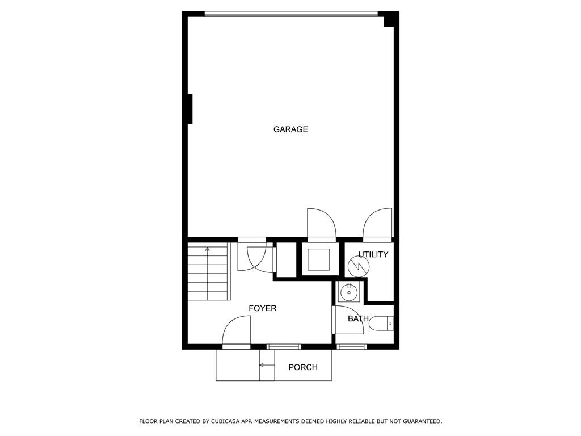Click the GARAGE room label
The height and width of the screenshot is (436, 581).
point(290,129)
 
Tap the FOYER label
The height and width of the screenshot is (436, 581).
point(262,308)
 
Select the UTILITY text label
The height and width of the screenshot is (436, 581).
point(373,254)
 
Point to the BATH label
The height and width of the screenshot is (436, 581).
point(358,318)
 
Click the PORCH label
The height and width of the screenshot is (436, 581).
point(303,367)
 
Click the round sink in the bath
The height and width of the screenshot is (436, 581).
point(349,291)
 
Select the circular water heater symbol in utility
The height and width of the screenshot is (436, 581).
point(359,266)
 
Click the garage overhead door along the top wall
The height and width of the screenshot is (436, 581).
point(291,14)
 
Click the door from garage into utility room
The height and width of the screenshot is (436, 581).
point(377,224)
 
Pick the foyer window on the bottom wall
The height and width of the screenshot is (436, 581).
point(284,347)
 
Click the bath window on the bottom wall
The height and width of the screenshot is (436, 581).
point(352,347)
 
